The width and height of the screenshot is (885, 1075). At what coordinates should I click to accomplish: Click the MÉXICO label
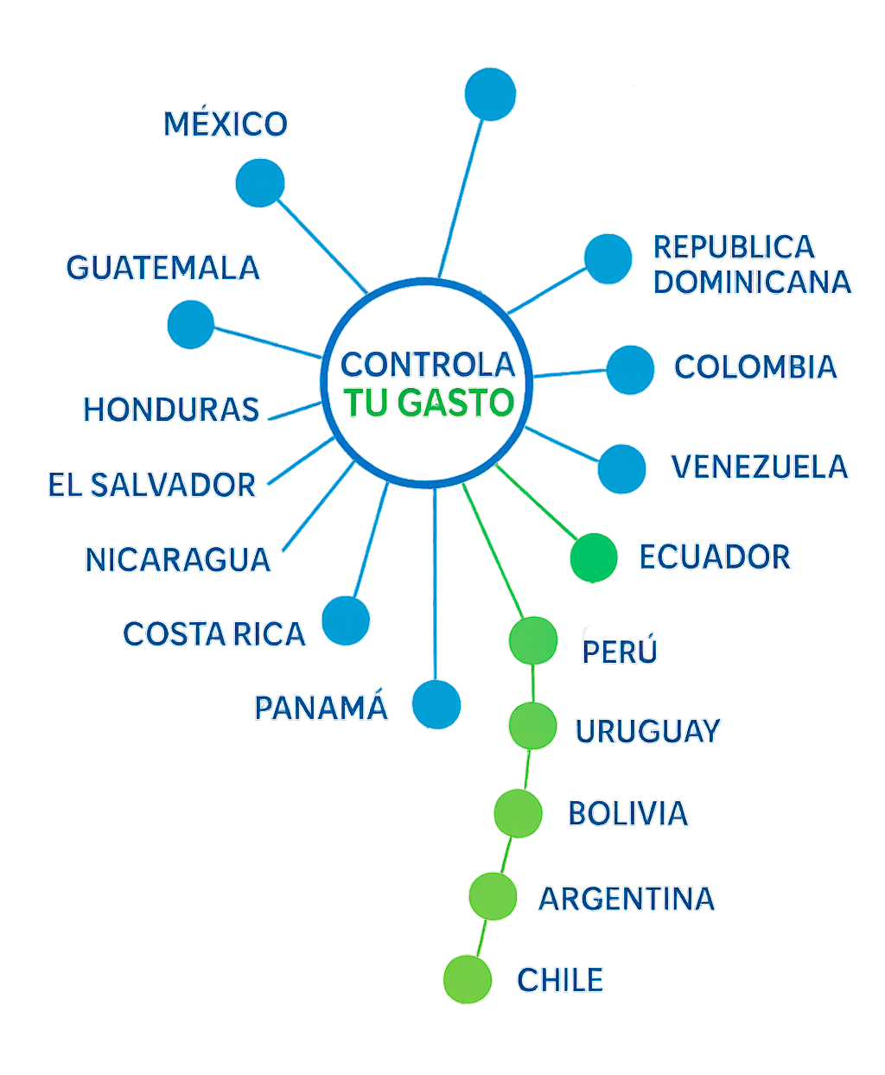tap(226, 124)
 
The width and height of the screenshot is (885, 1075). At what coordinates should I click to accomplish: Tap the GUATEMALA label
tap(163, 267)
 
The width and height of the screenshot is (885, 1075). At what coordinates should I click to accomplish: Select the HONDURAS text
tap(171, 409)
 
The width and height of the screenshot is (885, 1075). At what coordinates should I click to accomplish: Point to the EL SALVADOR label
tap(152, 485)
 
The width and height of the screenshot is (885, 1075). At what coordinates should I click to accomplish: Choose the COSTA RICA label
tap(214, 634)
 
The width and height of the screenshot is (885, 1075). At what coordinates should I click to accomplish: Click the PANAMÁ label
tap(321, 708)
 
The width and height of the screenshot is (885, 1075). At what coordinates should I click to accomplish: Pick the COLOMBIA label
tap(755, 366)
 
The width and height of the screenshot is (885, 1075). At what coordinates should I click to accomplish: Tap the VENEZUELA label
tap(760, 467)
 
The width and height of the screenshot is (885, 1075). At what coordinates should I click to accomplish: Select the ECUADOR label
tap(715, 557)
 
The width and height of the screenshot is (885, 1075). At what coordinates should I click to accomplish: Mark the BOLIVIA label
tap(628, 812)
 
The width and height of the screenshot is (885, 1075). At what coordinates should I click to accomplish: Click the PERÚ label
tap(620, 651)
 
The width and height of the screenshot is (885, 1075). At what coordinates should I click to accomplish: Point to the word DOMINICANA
tap(752, 282)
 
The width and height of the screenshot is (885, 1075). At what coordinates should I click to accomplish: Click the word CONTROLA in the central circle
tap(428, 364)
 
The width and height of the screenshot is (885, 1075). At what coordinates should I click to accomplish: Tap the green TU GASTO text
tap(429, 403)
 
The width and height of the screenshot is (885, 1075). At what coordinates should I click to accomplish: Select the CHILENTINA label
tap(607, 980)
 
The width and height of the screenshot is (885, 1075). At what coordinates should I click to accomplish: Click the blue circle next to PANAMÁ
tap(436, 703)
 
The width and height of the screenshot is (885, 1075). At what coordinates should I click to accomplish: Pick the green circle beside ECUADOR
tap(594, 557)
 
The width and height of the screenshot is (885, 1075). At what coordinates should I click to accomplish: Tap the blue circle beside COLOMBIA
tap(630, 369)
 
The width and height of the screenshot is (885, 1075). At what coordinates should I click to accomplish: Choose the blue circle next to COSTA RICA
tap(346, 620)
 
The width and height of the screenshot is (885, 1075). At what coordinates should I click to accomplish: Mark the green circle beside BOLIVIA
tap(518, 812)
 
